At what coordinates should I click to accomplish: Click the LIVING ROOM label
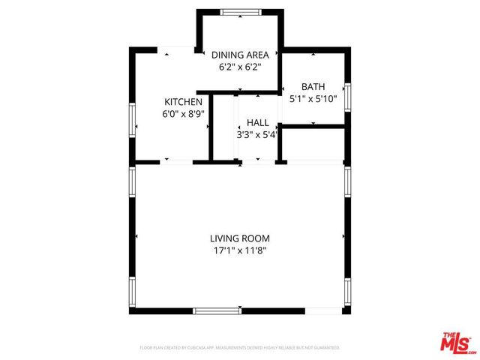point(239,238)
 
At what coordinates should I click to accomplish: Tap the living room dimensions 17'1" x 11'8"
point(239,251)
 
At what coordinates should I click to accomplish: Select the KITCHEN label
point(184,102)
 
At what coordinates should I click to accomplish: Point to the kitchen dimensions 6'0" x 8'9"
point(184,115)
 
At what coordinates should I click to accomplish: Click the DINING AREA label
point(240,55)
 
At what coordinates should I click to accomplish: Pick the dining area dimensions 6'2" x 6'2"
point(240,67)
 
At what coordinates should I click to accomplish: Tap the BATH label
point(313,86)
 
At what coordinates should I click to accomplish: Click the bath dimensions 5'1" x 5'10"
point(313,98)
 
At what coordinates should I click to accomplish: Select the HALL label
point(257,122)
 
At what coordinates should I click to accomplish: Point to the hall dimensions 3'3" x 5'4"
point(257,135)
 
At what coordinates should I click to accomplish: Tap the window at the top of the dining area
point(241,11)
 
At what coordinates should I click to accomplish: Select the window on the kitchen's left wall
point(132,120)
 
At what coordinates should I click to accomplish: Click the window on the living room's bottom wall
point(216,310)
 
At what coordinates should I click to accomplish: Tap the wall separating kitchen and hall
point(211,127)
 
